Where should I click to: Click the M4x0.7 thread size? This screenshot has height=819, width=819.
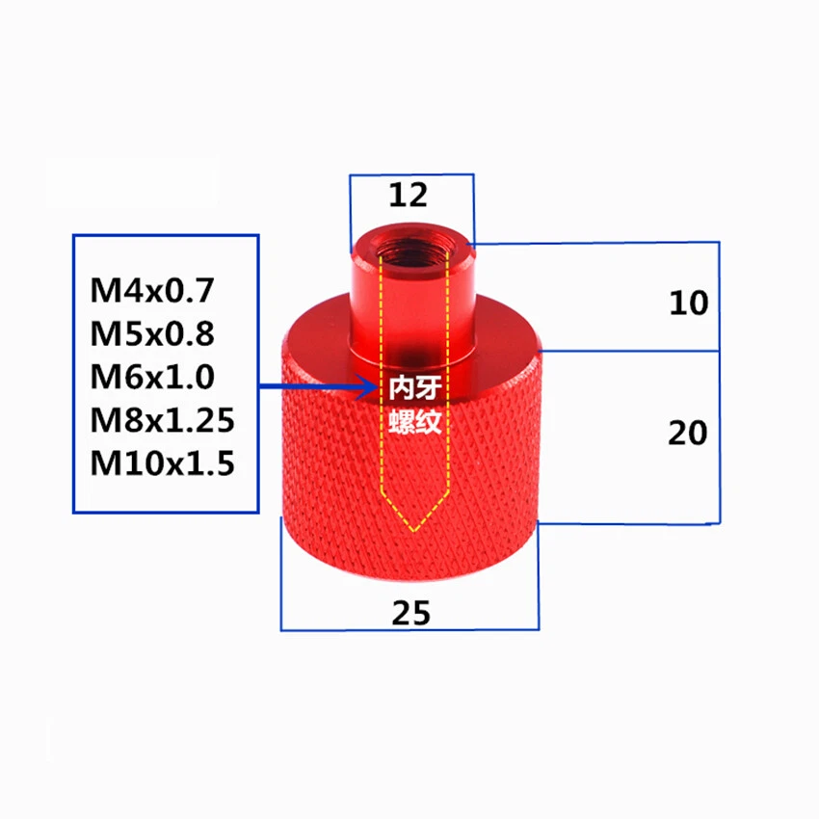point(154,289)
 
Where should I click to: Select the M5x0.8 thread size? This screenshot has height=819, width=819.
point(154,332)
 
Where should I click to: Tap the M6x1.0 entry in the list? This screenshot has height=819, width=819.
point(154,377)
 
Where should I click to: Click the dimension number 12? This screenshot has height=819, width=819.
point(408,196)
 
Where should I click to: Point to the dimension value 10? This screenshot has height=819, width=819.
point(688,304)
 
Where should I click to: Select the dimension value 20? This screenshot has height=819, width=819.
point(688,434)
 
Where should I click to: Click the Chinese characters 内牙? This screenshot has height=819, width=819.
point(415,387)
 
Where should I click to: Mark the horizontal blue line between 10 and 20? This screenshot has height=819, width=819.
point(631,351)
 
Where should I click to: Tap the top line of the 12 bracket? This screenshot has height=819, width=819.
point(411,175)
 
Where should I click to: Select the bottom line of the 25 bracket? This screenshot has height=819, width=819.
point(409,630)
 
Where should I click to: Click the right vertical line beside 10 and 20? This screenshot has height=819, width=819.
point(720,385)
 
